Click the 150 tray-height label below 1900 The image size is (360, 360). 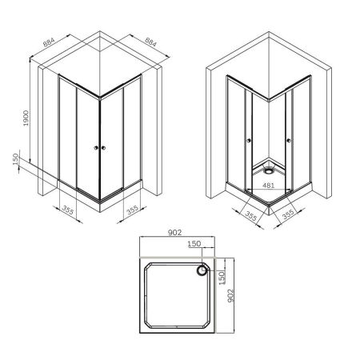[15, 161]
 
